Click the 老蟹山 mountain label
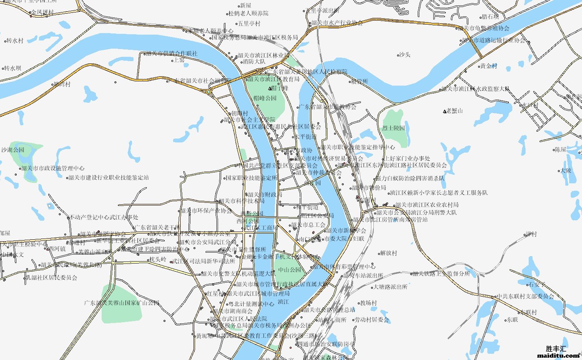click(x=454, y=111)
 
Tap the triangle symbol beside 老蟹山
click(x=445, y=111)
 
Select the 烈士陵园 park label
click(x=393, y=128)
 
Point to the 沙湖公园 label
click(x=13, y=150)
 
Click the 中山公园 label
click(x=290, y=270)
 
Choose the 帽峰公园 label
click(x=265, y=98)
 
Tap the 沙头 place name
click(x=404, y=55)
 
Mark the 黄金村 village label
click(x=489, y=66)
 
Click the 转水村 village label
click(x=15, y=40)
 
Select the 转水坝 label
click(x=13, y=68)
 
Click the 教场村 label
click(x=368, y=303)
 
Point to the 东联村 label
click(x=528, y=312)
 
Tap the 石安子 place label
click(x=537, y=284)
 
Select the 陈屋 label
click(x=560, y=149)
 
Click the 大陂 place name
click(x=566, y=170)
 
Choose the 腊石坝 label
click(x=490, y=17)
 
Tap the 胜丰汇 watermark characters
click(x=556, y=349)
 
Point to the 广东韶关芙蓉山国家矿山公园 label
click(x=122, y=303)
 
